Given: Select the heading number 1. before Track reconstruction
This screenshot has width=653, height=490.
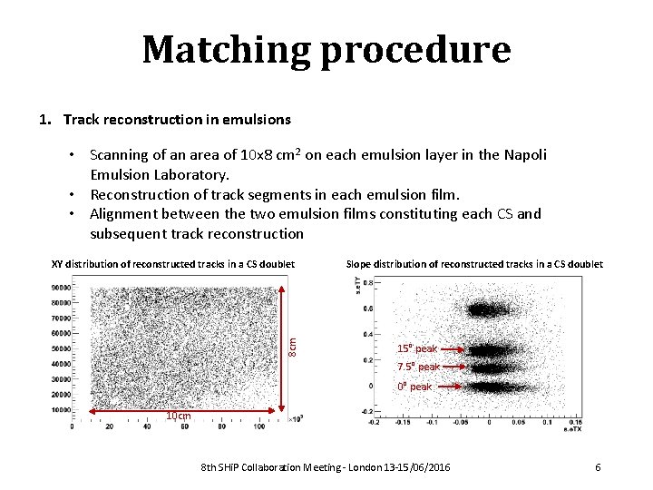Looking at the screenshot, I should (46, 119).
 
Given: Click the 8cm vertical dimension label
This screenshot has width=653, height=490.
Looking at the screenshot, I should (293, 346).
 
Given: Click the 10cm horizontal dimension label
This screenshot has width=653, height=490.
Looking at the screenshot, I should (178, 416).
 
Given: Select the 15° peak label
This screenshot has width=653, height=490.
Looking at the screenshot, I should (417, 348).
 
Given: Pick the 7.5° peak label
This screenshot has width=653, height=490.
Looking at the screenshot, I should (418, 367).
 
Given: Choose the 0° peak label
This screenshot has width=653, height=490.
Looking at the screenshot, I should (415, 387).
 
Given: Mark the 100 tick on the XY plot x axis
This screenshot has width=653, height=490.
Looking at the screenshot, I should (259, 426).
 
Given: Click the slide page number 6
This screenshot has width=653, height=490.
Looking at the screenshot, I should (598, 466).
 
